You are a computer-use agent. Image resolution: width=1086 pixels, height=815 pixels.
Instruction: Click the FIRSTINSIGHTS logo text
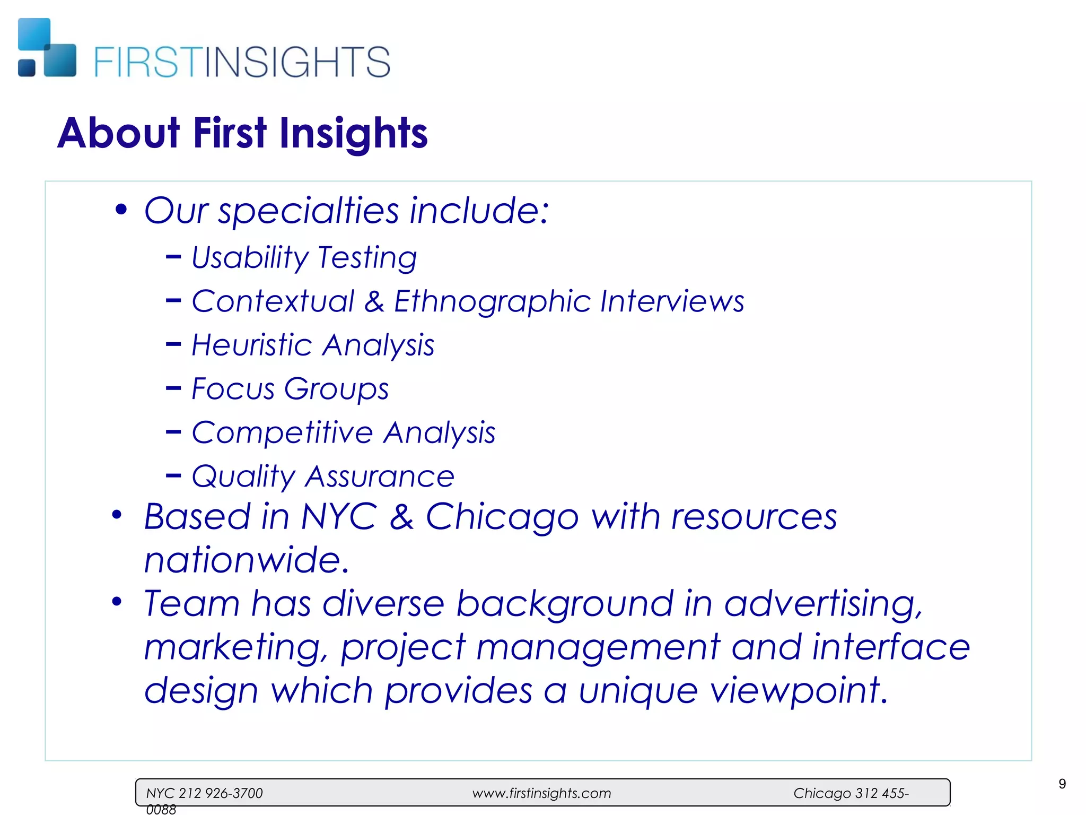242,62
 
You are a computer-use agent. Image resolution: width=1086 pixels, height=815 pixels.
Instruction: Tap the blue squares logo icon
47,48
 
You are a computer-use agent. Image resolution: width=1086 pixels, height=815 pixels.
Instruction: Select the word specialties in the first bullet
308,211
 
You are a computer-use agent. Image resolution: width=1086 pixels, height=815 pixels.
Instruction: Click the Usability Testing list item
304,258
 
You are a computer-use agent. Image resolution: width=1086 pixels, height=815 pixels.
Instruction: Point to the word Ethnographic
492,302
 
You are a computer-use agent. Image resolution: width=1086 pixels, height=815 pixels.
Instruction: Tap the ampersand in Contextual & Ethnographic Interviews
374,301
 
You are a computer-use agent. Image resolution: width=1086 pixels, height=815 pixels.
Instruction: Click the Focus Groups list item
290,389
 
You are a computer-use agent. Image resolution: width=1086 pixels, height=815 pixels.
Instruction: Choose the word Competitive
282,432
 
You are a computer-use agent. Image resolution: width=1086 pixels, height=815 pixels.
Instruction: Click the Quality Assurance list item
323,476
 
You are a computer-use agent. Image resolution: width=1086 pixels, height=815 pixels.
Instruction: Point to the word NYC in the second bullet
339,516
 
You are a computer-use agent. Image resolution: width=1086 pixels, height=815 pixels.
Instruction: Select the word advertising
823,604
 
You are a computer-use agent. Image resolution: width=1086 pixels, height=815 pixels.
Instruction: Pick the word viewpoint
799,691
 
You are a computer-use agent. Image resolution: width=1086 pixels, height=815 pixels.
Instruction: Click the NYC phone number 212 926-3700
221,793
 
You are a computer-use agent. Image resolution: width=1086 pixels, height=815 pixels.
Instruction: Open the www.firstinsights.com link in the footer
541,793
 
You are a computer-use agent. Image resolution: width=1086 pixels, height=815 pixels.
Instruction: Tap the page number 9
1062,784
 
